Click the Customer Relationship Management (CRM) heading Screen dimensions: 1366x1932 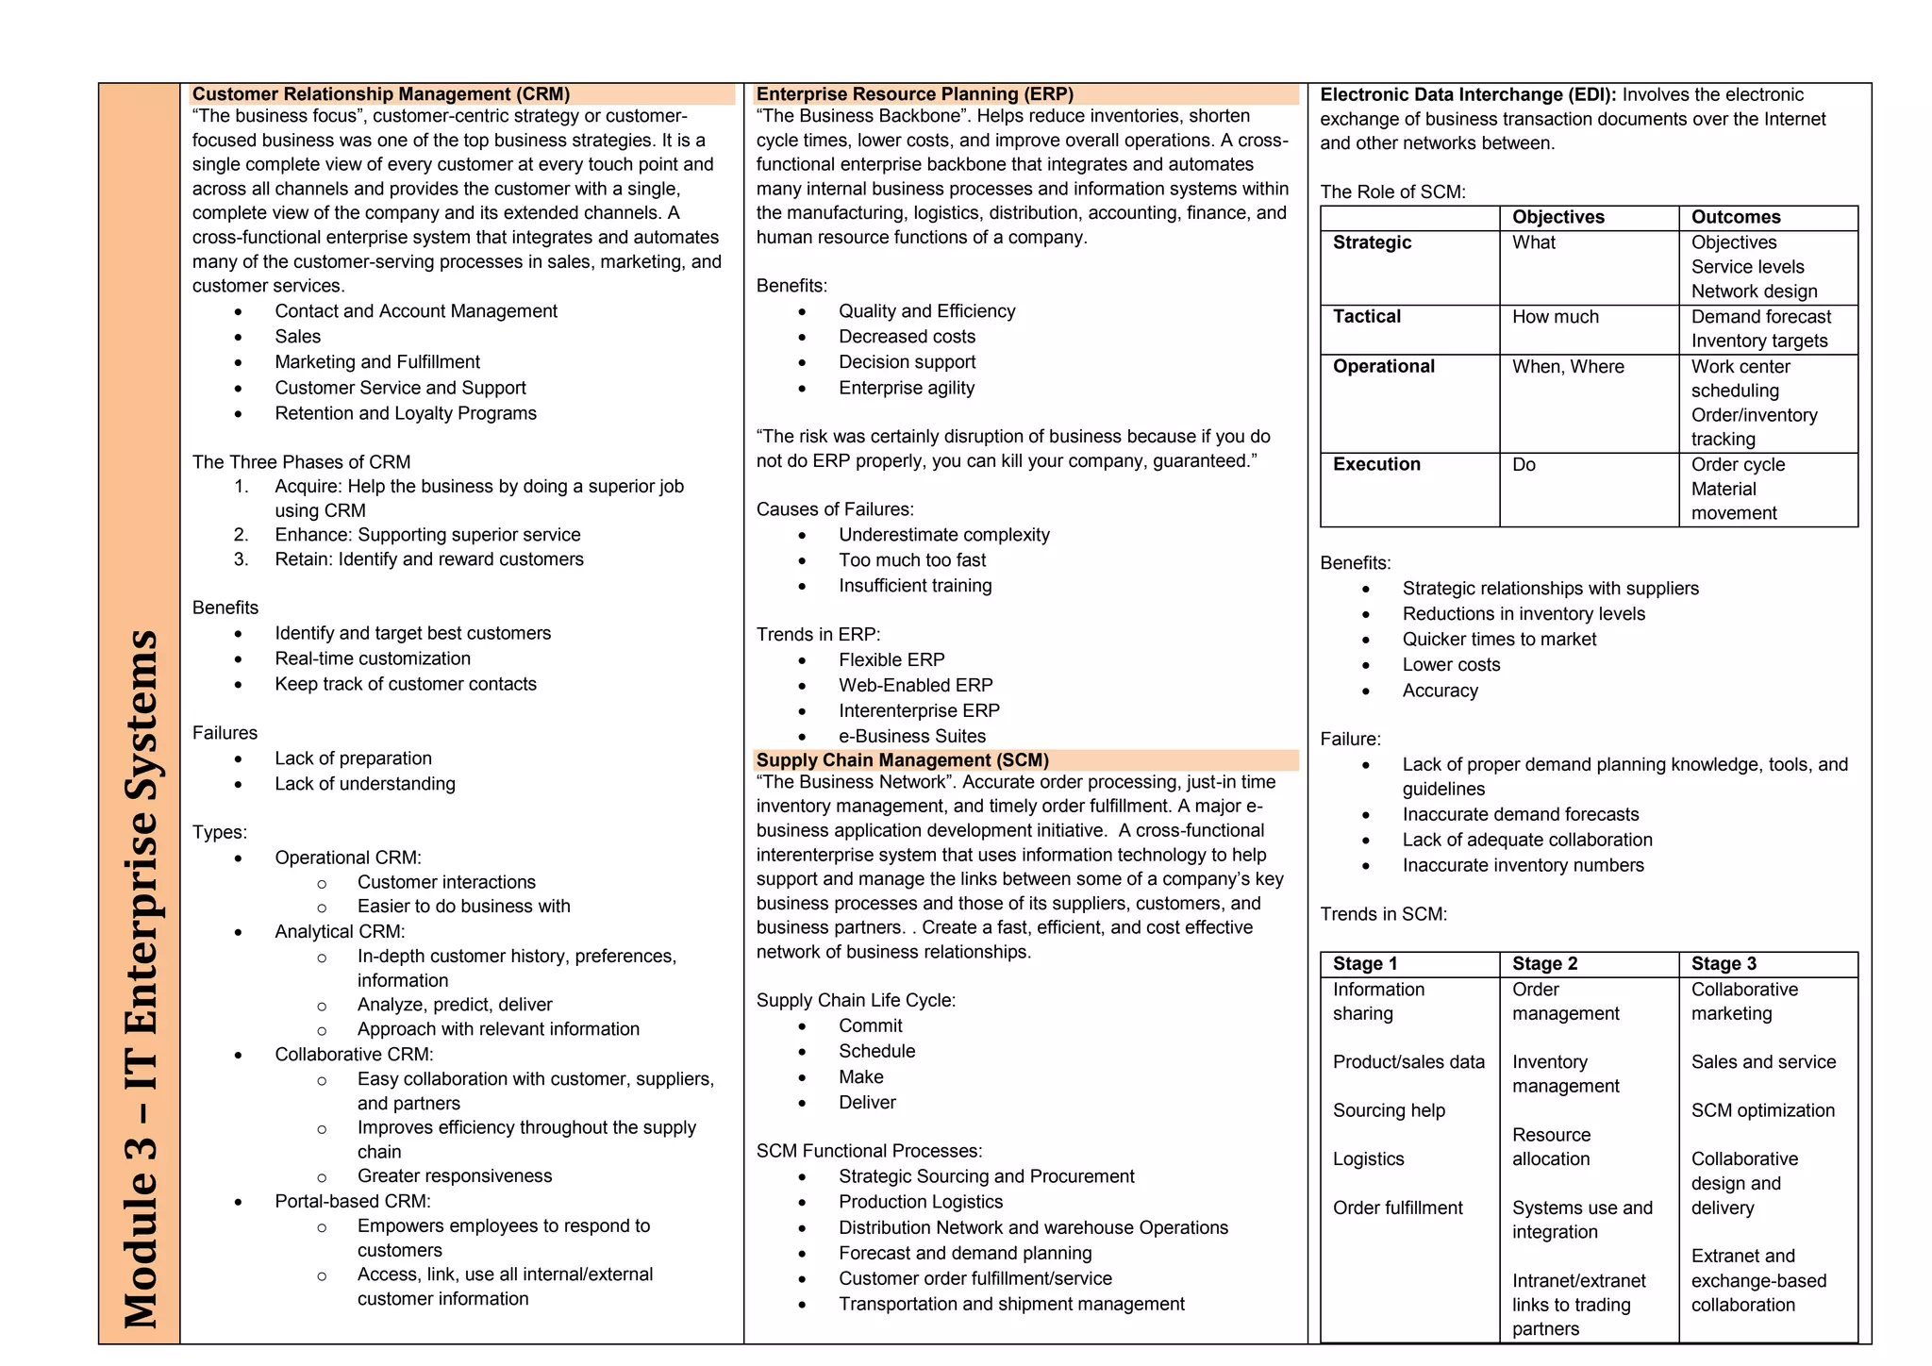tap(381, 94)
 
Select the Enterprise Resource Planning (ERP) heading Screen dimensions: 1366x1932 tap(914, 94)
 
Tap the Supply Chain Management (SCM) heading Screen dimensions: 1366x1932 tap(902, 760)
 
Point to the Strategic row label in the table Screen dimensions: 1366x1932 tap(1372, 242)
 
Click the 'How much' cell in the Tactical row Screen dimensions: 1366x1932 tap(1555, 317)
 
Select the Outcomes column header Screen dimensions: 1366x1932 tap(1735, 217)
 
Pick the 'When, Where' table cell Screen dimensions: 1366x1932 tap(1568, 367)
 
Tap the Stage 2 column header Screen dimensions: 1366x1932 tap(1544, 964)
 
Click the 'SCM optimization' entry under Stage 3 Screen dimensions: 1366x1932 tap(1762, 1110)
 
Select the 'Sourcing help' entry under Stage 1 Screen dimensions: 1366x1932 tap(1389, 1110)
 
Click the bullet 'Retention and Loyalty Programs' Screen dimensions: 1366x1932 tap(406, 413)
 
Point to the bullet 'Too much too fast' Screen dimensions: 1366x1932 tap(912, 560)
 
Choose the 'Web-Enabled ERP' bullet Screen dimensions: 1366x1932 tap(915, 686)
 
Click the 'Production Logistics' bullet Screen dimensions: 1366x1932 tap(921, 1202)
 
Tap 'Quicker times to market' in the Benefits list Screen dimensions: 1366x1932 tap(1499, 640)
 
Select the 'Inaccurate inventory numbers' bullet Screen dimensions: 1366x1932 tap(1523, 866)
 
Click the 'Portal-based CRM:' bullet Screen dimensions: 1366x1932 tap(352, 1202)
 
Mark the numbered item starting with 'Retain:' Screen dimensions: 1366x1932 tap(428, 559)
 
